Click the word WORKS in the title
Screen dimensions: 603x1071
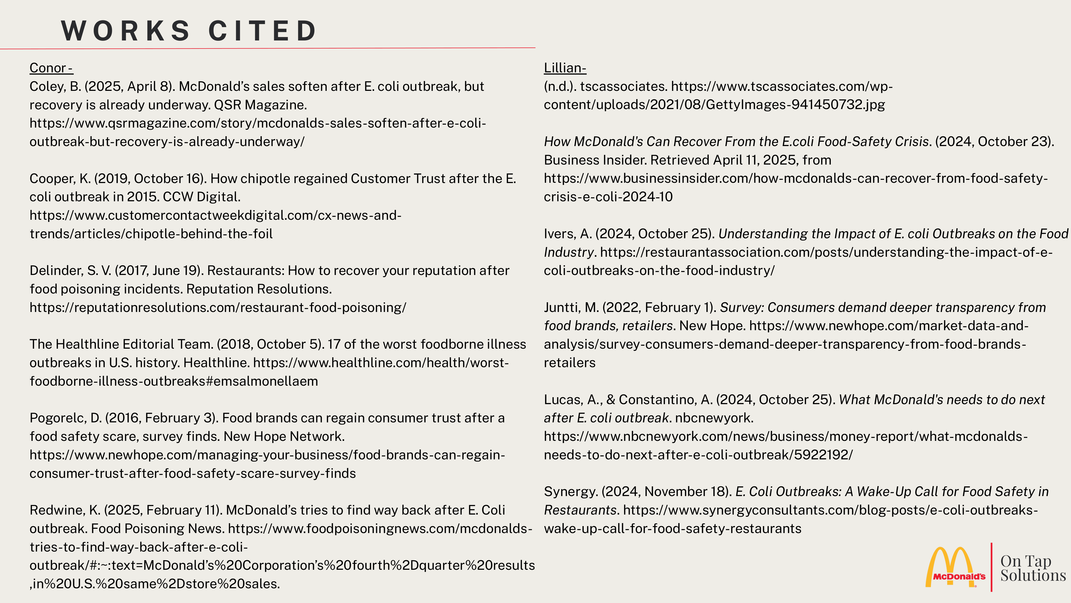(x=126, y=31)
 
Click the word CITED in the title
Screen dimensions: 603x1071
(x=263, y=31)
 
